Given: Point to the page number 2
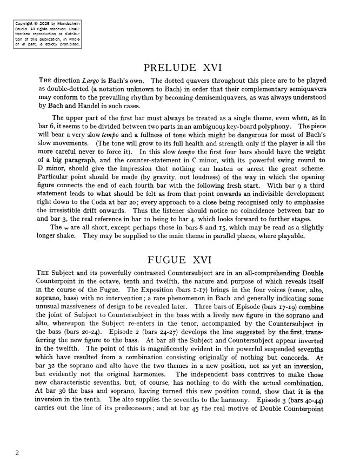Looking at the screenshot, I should coord(17,453).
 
